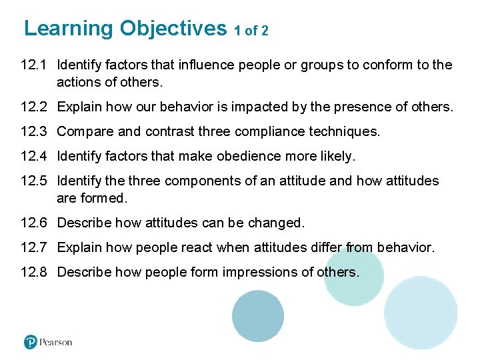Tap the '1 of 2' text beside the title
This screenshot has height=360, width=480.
point(251,31)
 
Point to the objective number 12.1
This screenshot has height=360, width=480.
point(33,65)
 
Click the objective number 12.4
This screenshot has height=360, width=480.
point(33,156)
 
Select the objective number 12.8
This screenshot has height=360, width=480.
point(33,272)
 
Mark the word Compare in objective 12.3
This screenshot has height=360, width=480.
point(84,131)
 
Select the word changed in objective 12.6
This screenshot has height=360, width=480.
point(275,223)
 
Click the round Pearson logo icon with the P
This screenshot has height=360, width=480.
point(31,342)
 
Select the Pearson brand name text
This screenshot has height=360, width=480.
point(56,342)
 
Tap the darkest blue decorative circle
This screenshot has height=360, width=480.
point(258,316)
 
